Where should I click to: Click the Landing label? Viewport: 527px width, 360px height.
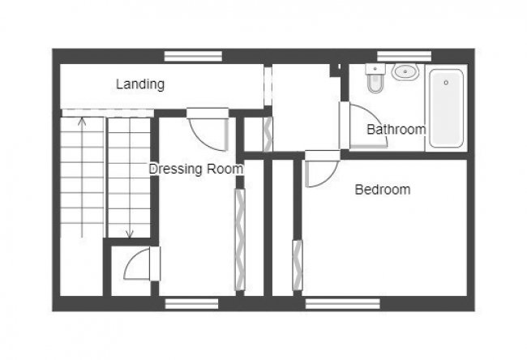140,84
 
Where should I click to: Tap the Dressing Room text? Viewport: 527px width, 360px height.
195,169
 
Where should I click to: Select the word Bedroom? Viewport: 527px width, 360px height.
383,190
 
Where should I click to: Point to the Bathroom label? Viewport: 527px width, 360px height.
396,130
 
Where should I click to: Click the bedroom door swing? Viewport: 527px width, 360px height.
319,172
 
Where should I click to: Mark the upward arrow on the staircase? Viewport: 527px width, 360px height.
81,122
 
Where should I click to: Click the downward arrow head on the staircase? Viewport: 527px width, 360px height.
129,235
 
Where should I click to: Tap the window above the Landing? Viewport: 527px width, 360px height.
193,56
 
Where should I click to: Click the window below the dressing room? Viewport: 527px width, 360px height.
192,304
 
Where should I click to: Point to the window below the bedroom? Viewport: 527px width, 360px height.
342,304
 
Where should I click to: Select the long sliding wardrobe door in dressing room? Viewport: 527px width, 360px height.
239,239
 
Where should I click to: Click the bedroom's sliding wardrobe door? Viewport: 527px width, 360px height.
297,264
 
